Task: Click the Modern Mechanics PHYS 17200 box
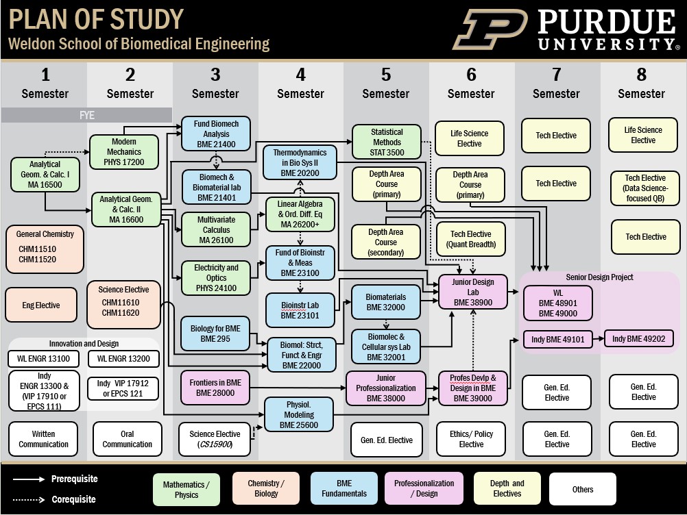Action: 123,151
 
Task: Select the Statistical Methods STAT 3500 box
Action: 387,142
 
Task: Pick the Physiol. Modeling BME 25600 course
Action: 299,414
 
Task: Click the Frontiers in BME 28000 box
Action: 215,388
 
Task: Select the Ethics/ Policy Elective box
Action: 471,439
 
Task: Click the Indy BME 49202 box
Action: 638,338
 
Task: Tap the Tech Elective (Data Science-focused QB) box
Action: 645,188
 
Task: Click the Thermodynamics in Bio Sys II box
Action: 300,162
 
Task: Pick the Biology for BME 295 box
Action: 215,333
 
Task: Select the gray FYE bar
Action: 86,115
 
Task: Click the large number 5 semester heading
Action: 386,75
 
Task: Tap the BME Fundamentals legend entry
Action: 344,489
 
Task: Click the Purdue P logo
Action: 490,29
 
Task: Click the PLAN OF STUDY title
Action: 96,19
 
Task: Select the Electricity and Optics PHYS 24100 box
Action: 216,277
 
